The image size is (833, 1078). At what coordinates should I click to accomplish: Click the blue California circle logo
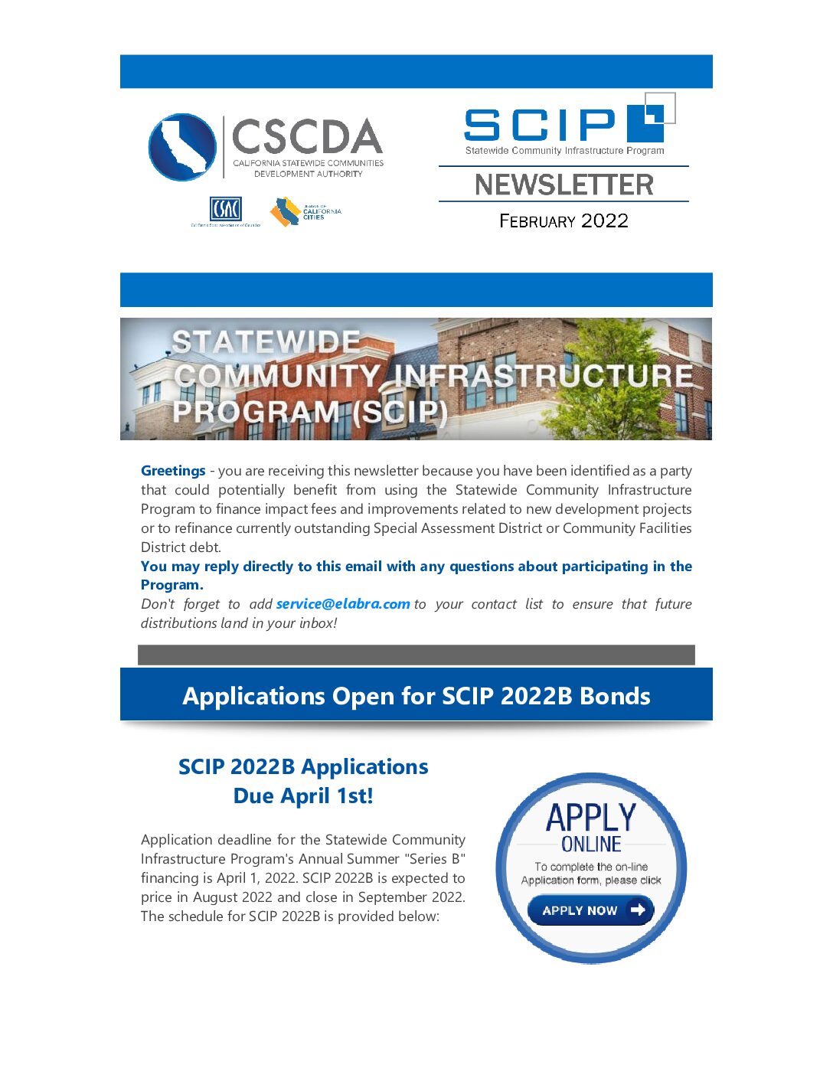point(182,147)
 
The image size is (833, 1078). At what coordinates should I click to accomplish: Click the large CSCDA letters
point(306,137)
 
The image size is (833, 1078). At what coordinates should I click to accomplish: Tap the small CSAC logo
point(225,209)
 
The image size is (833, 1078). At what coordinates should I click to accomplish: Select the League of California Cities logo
point(305,212)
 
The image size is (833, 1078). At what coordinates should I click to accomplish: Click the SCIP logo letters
point(540,125)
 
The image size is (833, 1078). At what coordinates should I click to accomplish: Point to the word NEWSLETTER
point(563,185)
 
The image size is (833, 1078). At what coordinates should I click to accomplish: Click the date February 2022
point(563,221)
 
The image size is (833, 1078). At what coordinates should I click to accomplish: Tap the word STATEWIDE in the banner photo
point(266,341)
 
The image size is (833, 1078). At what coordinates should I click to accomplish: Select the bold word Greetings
point(173,471)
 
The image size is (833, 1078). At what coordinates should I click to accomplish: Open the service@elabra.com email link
point(343,604)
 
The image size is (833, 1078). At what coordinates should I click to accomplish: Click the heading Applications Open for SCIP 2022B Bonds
point(416,696)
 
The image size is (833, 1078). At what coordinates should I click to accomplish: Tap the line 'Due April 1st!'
point(303,796)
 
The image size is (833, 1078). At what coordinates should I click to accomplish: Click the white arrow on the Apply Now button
point(638,910)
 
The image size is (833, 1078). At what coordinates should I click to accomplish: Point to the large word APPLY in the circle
point(591,818)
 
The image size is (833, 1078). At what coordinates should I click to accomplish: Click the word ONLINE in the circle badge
point(591,844)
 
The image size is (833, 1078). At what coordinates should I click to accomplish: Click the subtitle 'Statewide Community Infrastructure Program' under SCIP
point(564,151)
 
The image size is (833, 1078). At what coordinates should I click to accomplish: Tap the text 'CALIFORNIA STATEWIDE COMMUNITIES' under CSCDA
point(309,163)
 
